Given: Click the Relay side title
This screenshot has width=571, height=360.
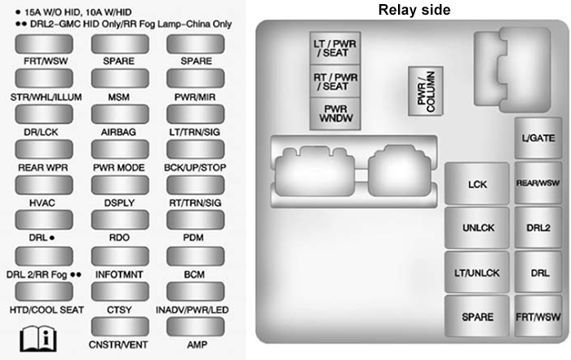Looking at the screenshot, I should (x=413, y=10).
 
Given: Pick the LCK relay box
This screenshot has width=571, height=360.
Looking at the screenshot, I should (x=477, y=184).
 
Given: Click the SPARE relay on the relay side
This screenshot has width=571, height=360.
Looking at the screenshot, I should (x=477, y=314).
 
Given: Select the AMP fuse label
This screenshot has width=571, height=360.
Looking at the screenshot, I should (x=193, y=346).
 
